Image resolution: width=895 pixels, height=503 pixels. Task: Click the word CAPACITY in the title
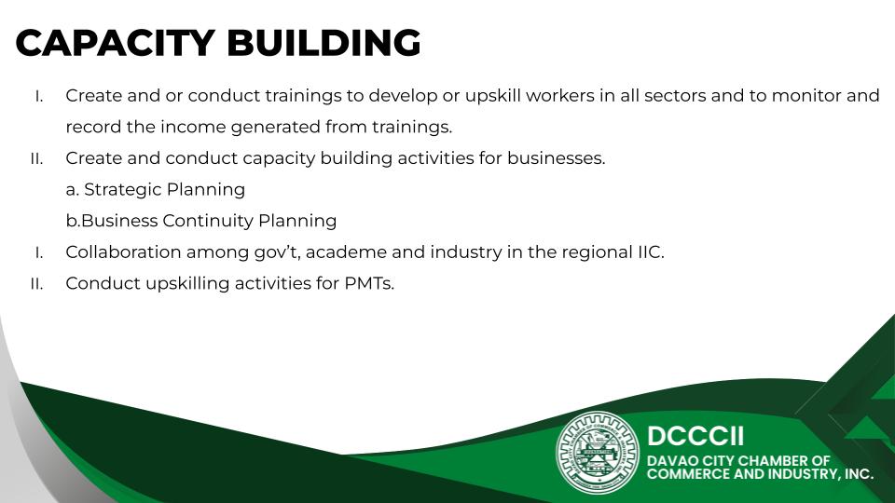115,43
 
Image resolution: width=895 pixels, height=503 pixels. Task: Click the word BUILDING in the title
324,43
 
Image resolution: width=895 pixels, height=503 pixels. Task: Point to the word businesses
556,158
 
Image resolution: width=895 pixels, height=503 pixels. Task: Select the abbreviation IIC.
651,252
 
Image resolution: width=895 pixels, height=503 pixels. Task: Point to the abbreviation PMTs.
369,283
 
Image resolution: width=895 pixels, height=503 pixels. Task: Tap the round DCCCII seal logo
598,453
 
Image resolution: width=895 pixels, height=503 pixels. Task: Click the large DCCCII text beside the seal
695,436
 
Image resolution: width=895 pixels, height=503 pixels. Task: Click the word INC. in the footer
858,474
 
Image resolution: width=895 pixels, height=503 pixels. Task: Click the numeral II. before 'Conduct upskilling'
36,283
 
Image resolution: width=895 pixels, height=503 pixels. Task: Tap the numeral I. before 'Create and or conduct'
39,96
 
